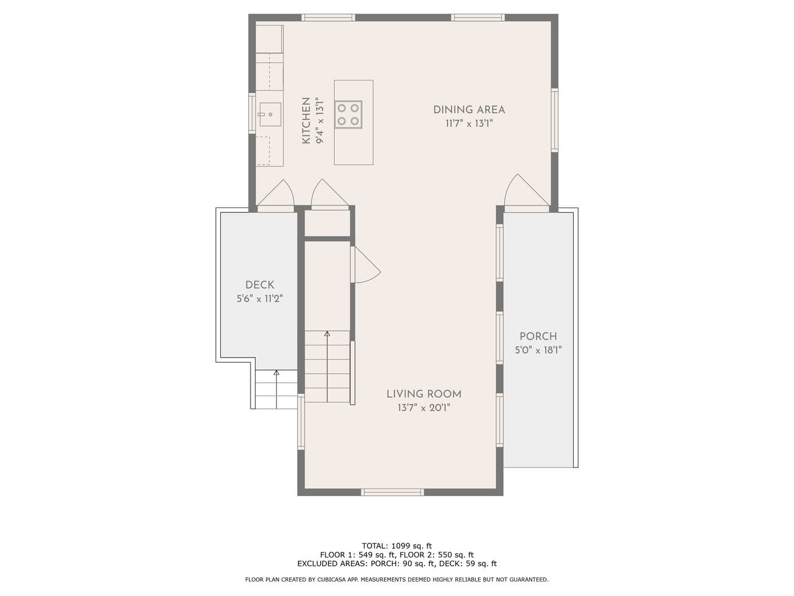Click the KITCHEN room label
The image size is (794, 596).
306,120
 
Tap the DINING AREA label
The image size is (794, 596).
469,110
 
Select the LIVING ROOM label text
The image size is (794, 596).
424,394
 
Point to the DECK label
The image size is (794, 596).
260,285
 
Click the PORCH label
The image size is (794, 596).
538,336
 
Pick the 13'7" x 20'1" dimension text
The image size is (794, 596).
424,408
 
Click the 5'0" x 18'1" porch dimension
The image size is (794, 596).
538,350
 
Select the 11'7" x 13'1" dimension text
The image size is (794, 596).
469,124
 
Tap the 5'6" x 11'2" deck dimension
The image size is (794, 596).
260,299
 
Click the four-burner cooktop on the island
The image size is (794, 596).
349,114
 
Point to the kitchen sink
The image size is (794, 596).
270,114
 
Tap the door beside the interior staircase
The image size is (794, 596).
365,264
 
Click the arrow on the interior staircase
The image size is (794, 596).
328,366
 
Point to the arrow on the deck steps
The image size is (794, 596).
277,389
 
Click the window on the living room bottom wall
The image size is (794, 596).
393,492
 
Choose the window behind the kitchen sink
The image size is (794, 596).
252,113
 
